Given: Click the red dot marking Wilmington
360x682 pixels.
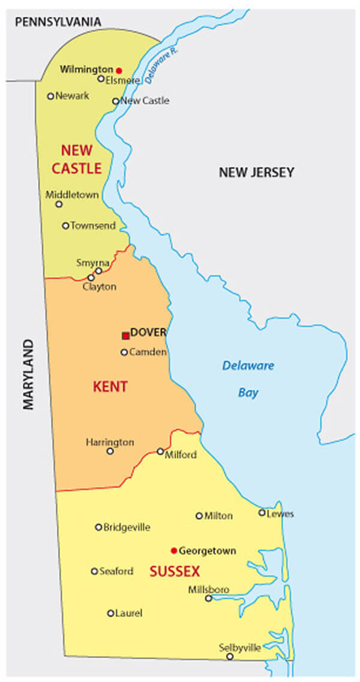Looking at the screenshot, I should point(119,70).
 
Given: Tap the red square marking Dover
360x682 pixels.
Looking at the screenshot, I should point(125,335).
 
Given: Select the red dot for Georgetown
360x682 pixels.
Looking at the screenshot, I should point(173,550).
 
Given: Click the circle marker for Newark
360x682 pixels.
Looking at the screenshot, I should point(50,96).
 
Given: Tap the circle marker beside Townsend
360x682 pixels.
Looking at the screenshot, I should point(65,226).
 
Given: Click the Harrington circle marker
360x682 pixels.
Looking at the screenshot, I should point(110,451).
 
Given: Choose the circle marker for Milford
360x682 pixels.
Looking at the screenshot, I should point(160,451).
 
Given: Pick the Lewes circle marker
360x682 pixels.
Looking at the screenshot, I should point(262,512).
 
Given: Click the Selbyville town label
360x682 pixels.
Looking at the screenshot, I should point(240,647).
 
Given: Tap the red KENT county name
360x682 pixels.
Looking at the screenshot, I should point(110,387).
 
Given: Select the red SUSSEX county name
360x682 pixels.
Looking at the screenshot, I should point(175,571).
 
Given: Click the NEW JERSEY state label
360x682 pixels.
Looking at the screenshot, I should point(256,173).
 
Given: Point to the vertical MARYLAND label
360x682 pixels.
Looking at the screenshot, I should point(29,374).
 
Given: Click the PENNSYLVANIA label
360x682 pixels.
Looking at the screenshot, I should point(58,22).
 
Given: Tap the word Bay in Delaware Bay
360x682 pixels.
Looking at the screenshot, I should point(248,393).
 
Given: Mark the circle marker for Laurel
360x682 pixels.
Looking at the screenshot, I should point(110,613).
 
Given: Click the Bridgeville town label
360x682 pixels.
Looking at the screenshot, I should point(127,527).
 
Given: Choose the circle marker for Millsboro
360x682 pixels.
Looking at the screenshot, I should point(208,598).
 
